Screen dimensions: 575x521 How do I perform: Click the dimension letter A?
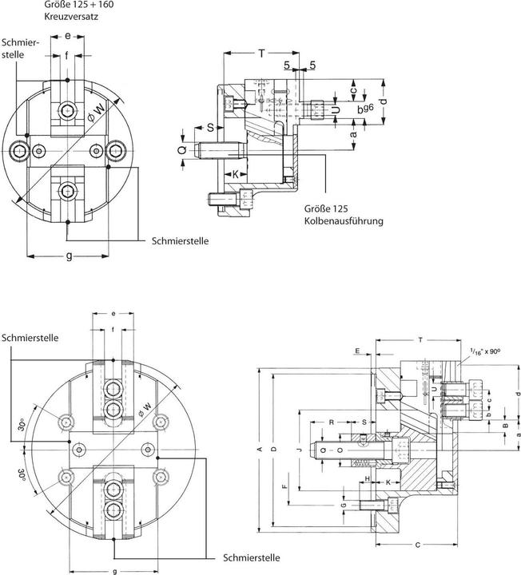click(258, 450)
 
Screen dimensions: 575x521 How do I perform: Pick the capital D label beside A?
click(273, 450)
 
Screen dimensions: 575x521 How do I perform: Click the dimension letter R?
click(331, 421)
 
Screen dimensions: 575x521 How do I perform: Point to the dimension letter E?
click(357, 350)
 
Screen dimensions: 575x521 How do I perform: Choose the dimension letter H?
click(367, 478)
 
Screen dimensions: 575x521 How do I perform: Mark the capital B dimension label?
click(504, 426)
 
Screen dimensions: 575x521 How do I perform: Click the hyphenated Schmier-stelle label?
click(17, 48)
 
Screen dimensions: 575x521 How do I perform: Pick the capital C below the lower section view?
click(419, 545)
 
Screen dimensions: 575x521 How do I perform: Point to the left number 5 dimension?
click(285, 65)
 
